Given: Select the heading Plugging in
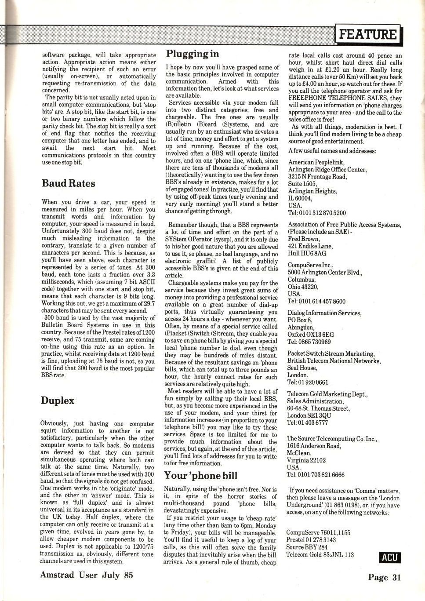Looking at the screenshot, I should [x=192, y=54].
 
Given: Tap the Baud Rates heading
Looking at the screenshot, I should [x=68, y=183].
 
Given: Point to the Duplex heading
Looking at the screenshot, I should [x=58, y=401].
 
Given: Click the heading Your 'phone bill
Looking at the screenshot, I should [x=200, y=475].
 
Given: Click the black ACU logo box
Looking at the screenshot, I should [x=389, y=557].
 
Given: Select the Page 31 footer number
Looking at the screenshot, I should [x=384, y=577].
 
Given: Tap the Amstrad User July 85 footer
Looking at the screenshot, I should [x=86, y=575].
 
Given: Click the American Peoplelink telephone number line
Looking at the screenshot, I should [x=317, y=213].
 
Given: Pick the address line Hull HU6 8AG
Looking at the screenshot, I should [x=307, y=253].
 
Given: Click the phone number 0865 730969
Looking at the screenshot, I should [x=309, y=342].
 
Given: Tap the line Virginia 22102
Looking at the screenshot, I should [x=306, y=460].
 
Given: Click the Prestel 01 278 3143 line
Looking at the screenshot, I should [x=311, y=540].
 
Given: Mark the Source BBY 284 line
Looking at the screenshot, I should [x=307, y=547].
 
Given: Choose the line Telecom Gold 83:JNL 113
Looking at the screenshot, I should [x=320, y=554].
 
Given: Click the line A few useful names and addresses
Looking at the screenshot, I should [x=332, y=151].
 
